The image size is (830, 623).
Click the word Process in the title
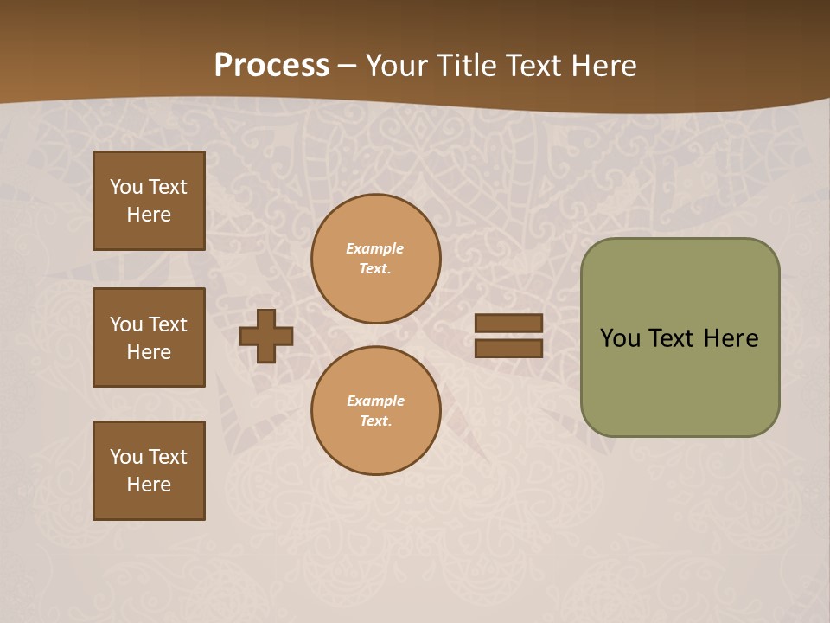pos(271,66)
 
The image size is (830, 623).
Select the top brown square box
pos(149,201)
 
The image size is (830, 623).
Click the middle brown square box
pos(149,337)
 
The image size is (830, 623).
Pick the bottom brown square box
pos(149,471)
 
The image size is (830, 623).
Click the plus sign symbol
pos(266,336)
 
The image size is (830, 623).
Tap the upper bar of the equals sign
pos(508,323)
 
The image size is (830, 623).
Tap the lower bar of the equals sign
pos(508,348)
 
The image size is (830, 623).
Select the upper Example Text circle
pos(375,259)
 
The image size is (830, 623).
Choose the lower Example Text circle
pos(375,411)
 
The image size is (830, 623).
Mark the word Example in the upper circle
pos(375,248)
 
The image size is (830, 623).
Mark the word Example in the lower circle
pos(375,401)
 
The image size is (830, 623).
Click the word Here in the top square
pos(149,215)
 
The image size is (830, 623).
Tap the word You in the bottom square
pos(126,457)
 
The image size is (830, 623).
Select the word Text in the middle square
pos(168,324)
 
